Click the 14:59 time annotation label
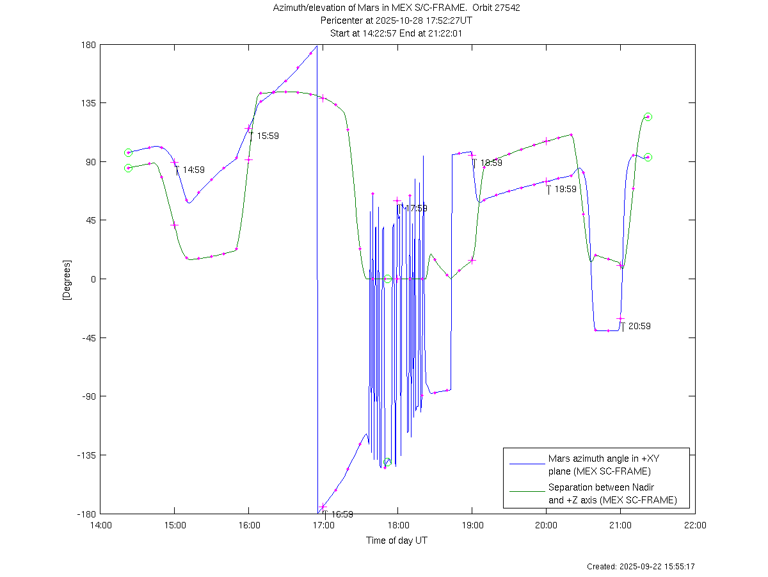193,170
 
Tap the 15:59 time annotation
268,136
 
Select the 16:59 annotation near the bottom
342,514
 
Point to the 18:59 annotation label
491,163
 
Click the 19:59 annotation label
565,189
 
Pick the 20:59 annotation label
639,326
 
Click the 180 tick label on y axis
88,45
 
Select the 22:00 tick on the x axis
695,526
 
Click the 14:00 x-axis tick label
100,526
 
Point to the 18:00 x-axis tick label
397,526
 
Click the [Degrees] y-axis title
66,279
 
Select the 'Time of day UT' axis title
397,540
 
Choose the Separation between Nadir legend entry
612,494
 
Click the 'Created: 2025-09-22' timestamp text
641,567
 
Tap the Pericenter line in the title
397,20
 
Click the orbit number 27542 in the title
516,8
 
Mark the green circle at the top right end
648,117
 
